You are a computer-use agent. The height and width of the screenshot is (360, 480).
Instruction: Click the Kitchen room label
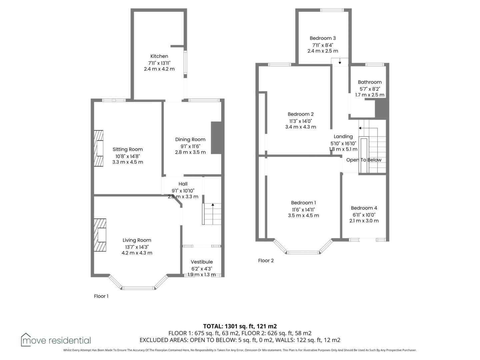click(x=159, y=56)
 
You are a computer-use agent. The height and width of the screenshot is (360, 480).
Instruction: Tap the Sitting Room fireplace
click(x=98, y=148)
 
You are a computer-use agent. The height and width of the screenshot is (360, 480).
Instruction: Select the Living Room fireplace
click(x=100, y=235)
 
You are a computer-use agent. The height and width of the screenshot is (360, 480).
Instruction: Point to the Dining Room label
click(x=190, y=139)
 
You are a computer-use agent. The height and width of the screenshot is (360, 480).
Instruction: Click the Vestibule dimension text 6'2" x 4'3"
click(x=202, y=269)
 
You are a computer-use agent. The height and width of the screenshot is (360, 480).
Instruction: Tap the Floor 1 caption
click(x=101, y=296)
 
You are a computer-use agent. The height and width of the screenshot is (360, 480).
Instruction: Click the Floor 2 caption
click(x=266, y=261)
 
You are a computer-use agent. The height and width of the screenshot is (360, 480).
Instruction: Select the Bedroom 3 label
click(x=323, y=38)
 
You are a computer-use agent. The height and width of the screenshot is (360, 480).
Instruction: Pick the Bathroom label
click(x=370, y=82)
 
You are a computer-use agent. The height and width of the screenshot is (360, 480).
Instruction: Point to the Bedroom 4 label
click(x=364, y=208)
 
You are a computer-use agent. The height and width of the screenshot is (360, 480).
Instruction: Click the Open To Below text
click(x=364, y=160)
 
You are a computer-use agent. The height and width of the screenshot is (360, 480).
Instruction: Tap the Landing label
click(x=343, y=137)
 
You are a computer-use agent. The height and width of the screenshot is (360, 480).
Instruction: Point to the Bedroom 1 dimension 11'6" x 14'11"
click(x=303, y=210)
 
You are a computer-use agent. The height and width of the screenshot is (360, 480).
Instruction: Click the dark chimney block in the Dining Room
click(x=216, y=138)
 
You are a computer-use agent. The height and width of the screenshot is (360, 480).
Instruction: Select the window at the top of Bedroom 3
click(x=332, y=10)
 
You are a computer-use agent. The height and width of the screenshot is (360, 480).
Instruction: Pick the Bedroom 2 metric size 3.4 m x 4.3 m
click(x=300, y=127)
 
